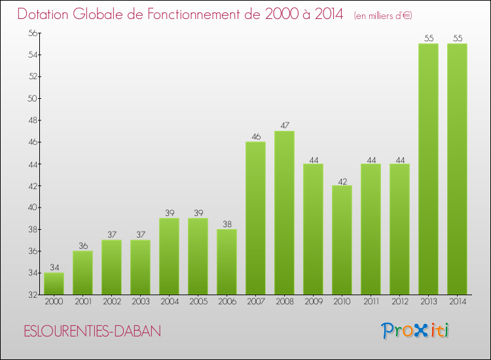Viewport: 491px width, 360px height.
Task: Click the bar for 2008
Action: click(x=284, y=213)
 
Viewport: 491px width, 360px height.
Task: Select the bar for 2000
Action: click(x=54, y=283)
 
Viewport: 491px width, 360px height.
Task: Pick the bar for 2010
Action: click(x=342, y=240)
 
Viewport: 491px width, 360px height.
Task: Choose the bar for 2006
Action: click(x=227, y=262)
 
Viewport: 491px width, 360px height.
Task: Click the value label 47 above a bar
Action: click(x=284, y=126)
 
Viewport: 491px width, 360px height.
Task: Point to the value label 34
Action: click(x=54, y=268)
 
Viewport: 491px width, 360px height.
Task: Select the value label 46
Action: click(x=255, y=137)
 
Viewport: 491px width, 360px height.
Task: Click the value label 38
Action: click(x=227, y=224)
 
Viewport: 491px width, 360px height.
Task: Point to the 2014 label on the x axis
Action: click(x=457, y=302)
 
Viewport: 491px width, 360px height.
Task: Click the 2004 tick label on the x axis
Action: click(x=169, y=302)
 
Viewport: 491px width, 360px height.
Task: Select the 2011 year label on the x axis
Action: click(x=371, y=302)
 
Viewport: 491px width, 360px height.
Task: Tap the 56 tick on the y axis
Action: click(x=31, y=33)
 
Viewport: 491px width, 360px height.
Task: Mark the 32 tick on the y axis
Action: click(x=31, y=295)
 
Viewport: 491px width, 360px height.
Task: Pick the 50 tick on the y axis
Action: click(x=31, y=98)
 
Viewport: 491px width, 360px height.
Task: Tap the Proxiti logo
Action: click(x=415, y=331)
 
